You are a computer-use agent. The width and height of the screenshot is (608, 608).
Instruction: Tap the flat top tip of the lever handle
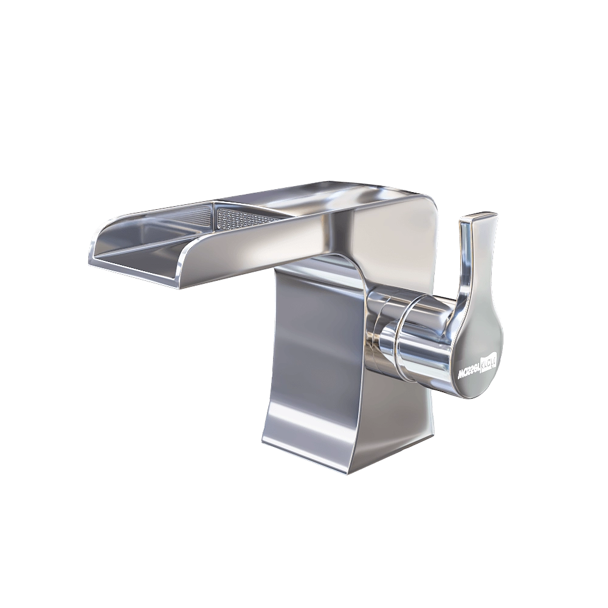pyautogui.click(x=480, y=216)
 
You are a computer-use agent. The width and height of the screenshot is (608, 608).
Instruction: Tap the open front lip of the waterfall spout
pyautogui.click(x=134, y=268)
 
